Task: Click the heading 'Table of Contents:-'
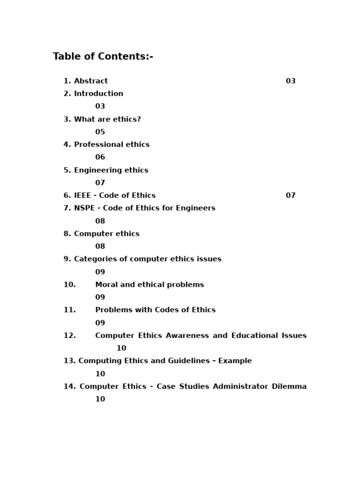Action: click(103, 57)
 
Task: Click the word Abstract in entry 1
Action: click(91, 81)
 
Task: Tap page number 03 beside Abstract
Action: click(291, 81)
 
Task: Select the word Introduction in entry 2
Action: click(98, 94)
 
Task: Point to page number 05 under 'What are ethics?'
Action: click(100, 132)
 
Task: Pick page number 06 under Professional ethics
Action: click(100, 157)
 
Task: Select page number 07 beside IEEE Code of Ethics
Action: click(291, 195)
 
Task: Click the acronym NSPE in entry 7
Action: click(84, 208)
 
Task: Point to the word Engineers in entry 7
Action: click(196, 208)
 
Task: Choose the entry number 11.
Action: click(69, 310)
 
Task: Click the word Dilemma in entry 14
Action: click(289, 387)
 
